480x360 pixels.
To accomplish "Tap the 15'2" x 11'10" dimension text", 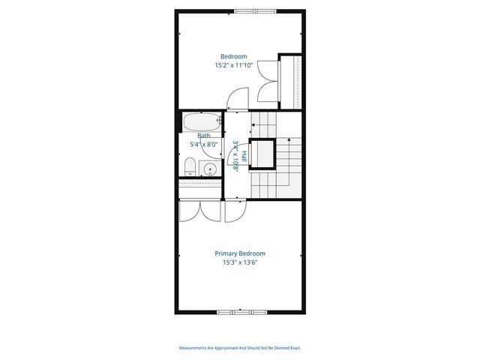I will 233,65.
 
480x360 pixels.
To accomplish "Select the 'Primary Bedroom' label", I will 240,253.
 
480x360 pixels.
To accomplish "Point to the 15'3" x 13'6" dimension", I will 240,262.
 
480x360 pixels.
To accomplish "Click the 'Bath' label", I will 204,136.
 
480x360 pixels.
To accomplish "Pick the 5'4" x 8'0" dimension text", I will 203,144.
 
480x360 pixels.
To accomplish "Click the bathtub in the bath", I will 202,121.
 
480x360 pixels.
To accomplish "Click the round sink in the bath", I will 211,169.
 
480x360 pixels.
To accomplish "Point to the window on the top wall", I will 253,10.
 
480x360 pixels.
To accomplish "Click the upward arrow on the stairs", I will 289,140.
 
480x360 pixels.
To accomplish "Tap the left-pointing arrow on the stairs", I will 253,124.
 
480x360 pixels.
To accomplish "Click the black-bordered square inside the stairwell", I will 263,154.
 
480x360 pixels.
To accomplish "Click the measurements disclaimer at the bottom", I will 240,348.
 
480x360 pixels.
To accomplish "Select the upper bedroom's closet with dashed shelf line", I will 289,79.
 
